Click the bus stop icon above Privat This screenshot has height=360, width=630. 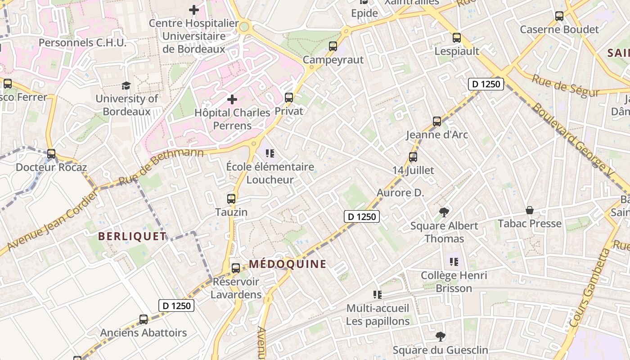click(x=289, y=97)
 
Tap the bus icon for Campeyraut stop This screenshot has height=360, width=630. click(x=333, y=46)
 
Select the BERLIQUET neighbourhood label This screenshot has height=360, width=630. click(x=132, y=237)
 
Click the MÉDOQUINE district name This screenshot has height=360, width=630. click(x=288, y=264)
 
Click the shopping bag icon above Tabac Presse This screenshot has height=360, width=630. click(x=530, y=210)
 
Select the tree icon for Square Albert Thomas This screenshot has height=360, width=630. click(x=444, y=212)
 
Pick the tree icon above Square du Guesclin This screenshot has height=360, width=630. click(x=441, y=336)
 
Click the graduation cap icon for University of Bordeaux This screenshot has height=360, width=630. click(x=126, y=85)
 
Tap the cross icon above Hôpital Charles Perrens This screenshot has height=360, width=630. click(x=232, y=99)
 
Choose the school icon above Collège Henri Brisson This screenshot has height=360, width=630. click(x=454, y=261)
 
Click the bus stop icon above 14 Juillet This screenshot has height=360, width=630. click(x=413, y=157)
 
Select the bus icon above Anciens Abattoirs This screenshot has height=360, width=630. click(x=144, y=319)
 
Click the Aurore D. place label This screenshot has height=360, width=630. click(x=400, y=193)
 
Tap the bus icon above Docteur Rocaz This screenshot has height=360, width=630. click(x=51, y=154)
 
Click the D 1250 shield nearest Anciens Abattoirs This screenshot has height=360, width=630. click(x=177, y=306)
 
